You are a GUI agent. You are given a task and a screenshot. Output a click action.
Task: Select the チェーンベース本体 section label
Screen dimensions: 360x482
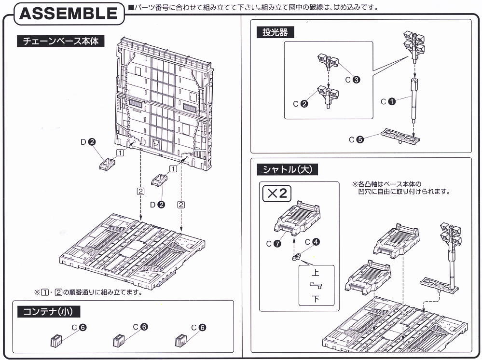click(x=60, y=41)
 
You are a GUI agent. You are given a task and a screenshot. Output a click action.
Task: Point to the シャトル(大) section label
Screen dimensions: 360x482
click(x=289, y=169)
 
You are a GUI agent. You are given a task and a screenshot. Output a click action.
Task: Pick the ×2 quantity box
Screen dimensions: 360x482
click(x=277, y=194)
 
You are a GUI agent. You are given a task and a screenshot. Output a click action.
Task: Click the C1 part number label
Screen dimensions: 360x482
click(x=388, y=101)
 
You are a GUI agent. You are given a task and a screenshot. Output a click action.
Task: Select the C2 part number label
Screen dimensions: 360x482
click(x=300, y=104)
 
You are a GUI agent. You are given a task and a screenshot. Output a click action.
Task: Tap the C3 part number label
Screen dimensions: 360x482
click(x=352, y=80)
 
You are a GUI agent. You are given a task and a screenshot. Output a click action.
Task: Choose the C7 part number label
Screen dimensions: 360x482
click(x=273, y=244)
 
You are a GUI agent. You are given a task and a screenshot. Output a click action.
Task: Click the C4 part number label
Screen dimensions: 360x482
click(x=311, y=242)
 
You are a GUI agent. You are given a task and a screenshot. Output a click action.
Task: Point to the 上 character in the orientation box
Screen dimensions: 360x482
click(x=316, y=273)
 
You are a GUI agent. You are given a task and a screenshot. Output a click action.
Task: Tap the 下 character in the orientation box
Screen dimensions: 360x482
click(x=316, y=298)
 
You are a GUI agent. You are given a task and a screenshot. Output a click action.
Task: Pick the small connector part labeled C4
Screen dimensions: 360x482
click(x=297, y=256)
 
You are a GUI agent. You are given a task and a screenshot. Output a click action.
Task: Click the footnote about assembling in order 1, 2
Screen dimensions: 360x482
click(x=88, y=292)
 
